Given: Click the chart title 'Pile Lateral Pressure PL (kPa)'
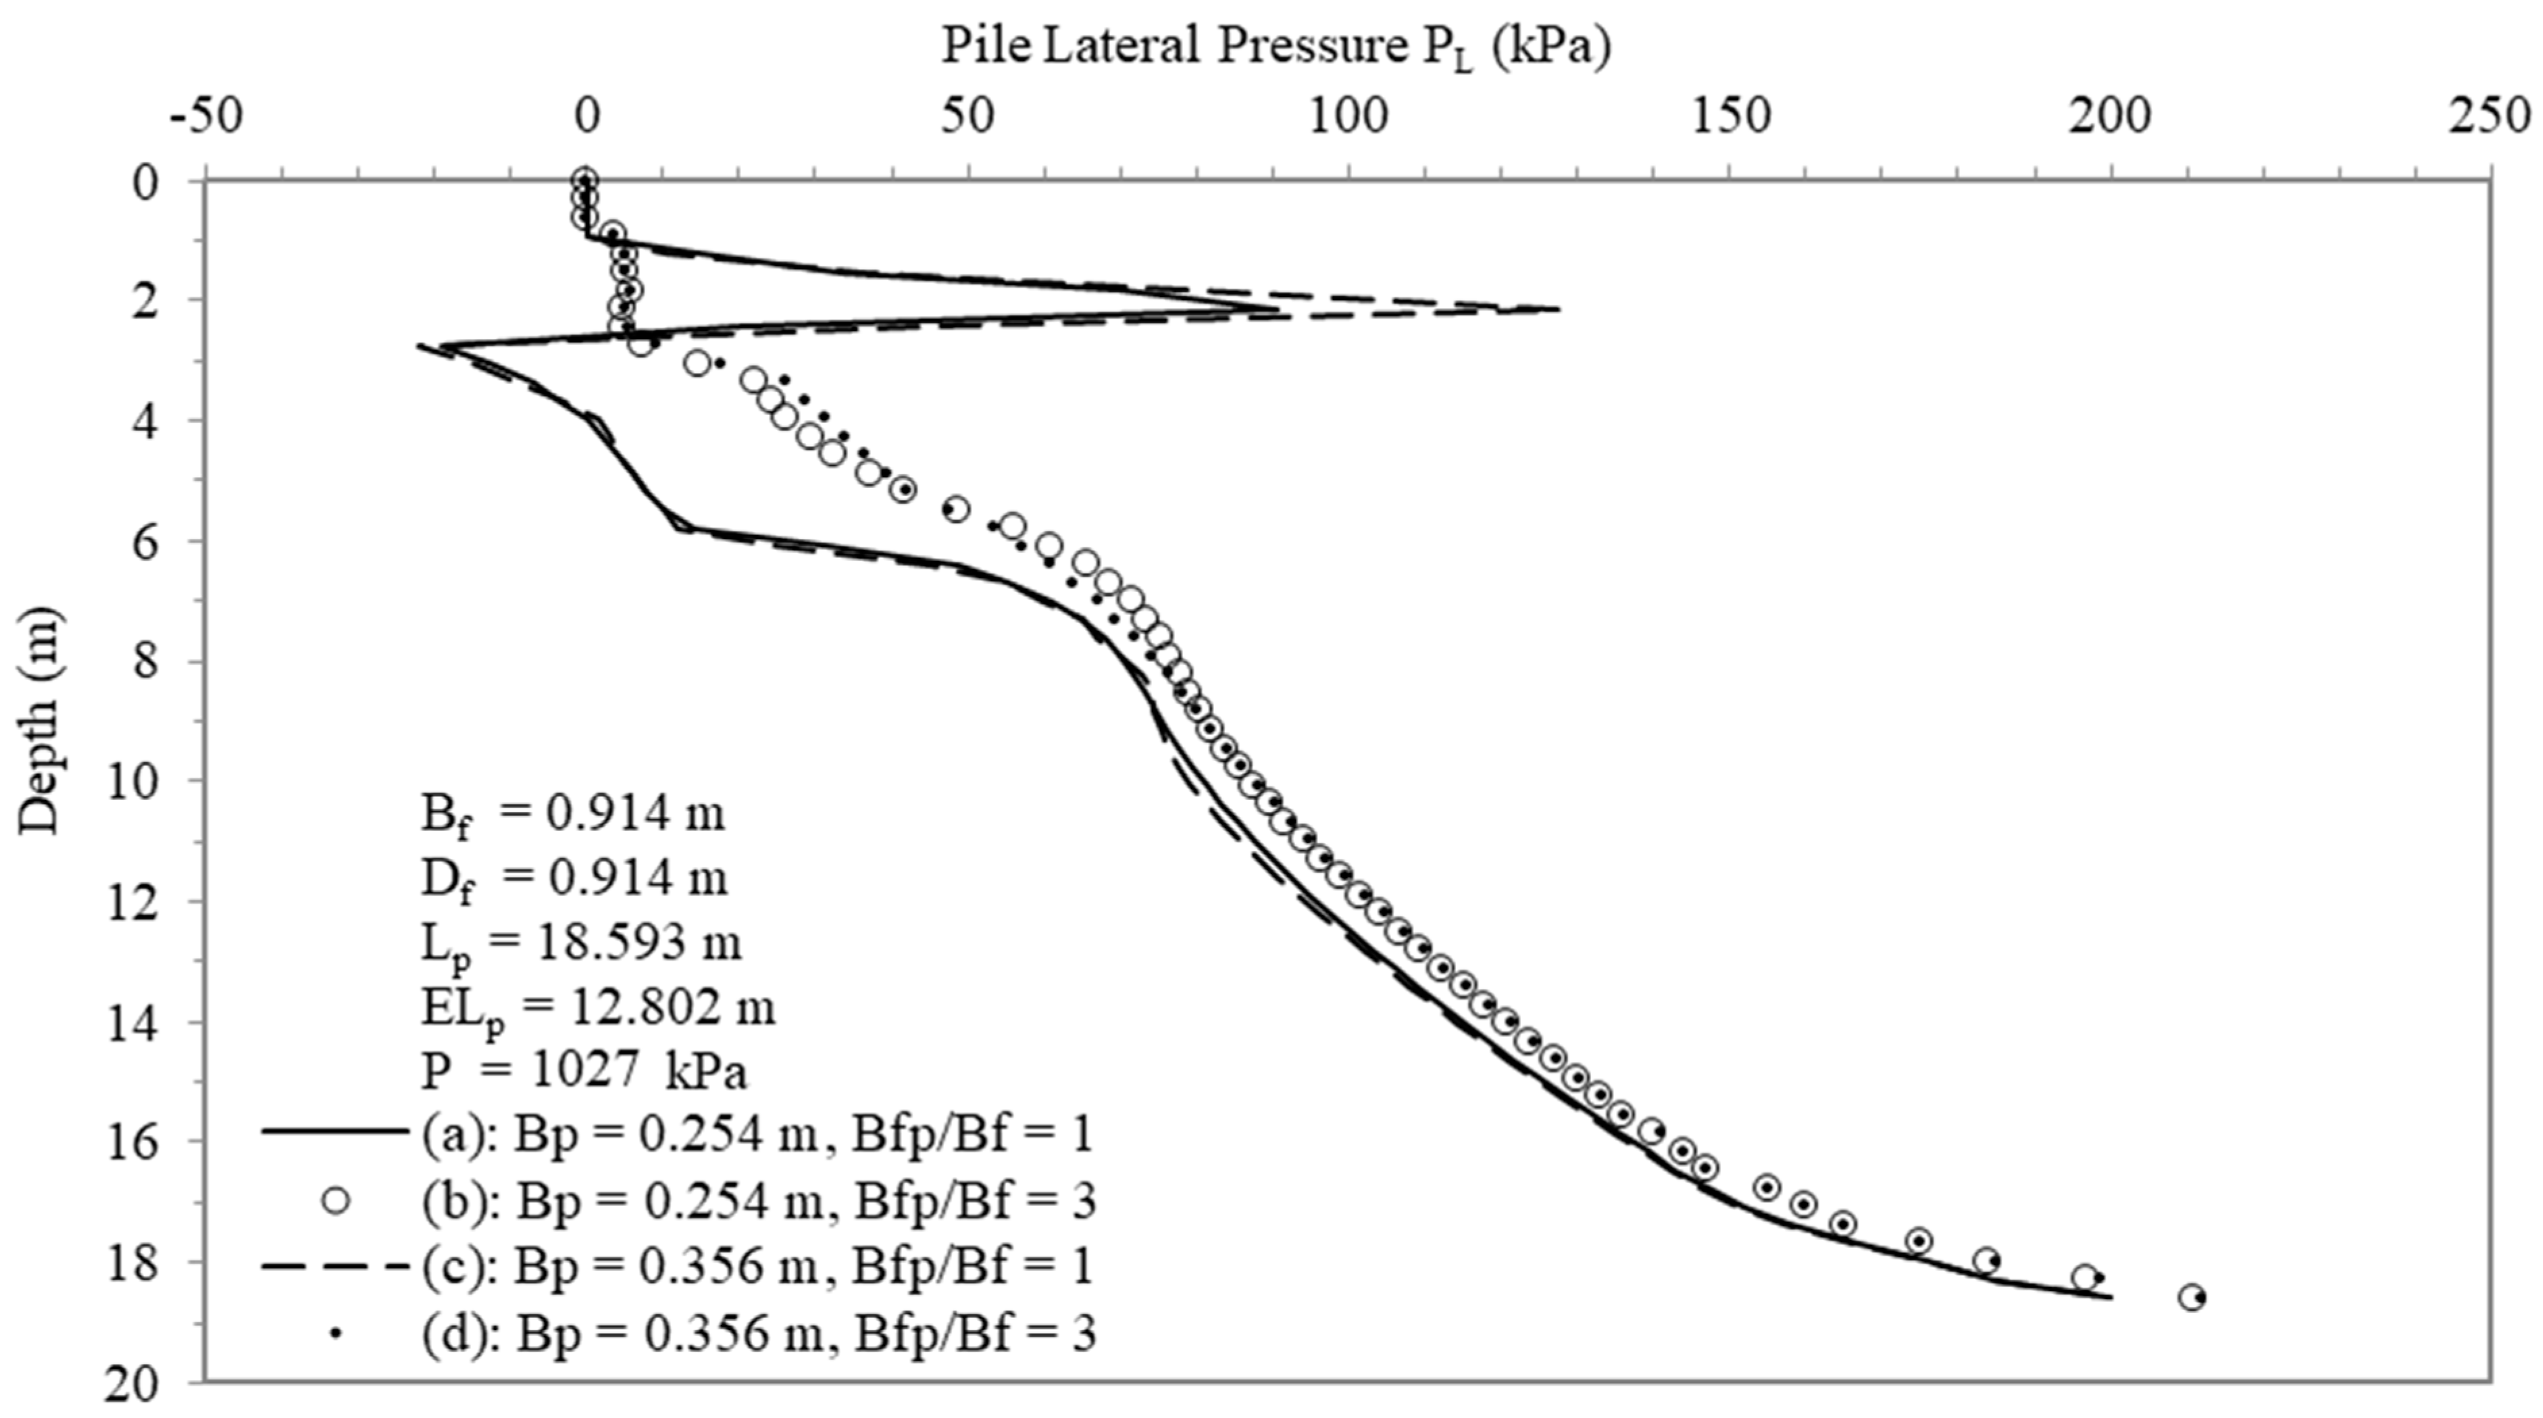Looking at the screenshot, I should [1276, 47].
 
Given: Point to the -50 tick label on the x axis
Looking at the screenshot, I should [205, 118].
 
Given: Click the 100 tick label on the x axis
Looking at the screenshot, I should [1349, 118].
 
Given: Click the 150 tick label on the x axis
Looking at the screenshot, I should [1730, 118].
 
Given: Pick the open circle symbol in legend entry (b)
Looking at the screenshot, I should [336, 1201].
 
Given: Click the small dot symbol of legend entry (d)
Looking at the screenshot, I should [336, 1333].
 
